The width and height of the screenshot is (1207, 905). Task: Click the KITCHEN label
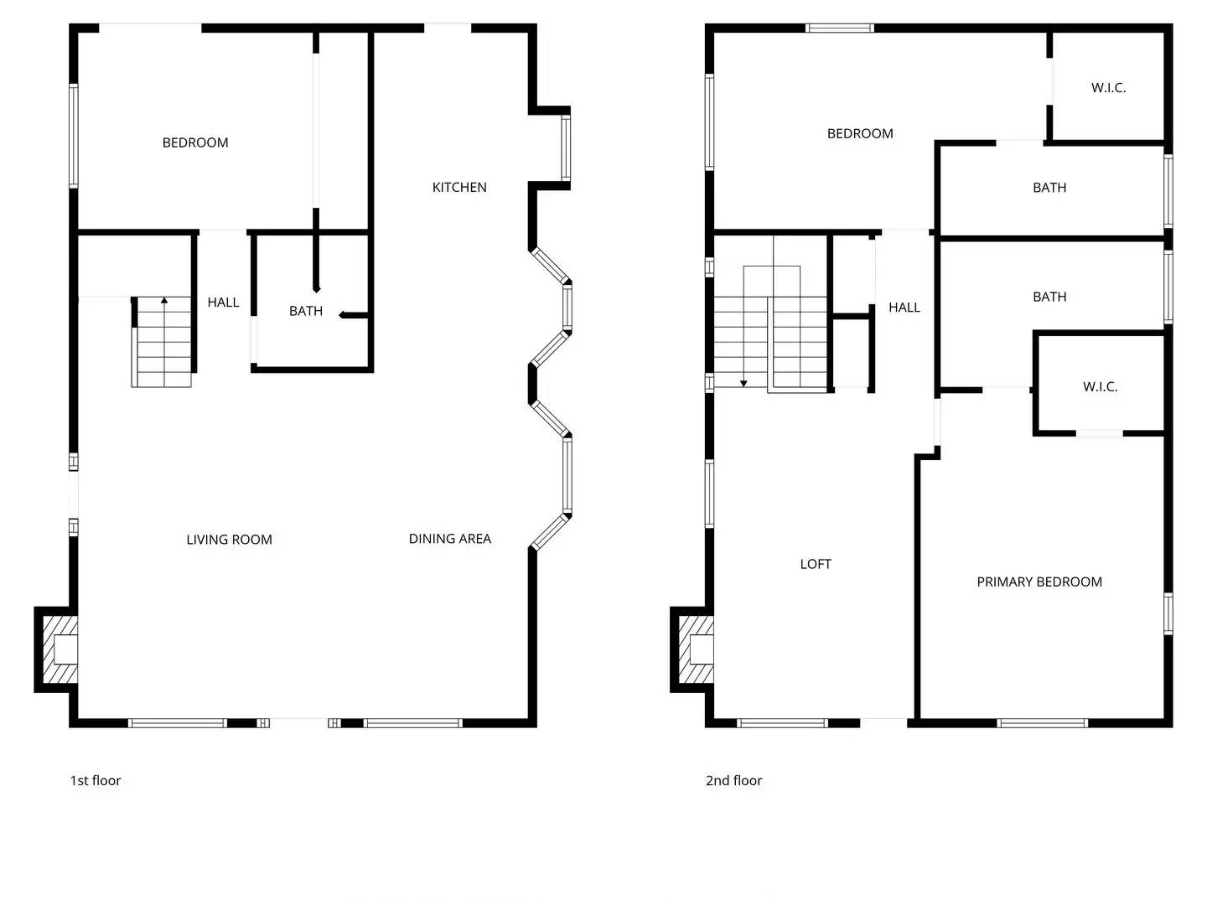(459, 188)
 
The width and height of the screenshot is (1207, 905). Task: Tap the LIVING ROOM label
(230, 540)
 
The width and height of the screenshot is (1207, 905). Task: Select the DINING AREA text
(450, 539)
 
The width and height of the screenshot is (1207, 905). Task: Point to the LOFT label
(816, 564)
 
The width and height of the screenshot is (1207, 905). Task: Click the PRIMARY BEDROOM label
(1039, 582)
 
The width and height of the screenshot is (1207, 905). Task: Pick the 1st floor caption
(95, 780)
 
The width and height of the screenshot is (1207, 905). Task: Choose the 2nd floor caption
(733, 780)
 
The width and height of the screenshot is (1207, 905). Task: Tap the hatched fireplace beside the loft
(696, 650)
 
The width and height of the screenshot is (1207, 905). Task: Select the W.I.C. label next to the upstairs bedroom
(1108, 88)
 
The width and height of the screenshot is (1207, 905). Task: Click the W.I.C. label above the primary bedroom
(1100, 387)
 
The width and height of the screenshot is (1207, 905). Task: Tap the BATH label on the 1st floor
(306, 311)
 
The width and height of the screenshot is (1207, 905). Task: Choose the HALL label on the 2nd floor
(904, 308)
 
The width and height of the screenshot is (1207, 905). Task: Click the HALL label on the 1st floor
(223, 303)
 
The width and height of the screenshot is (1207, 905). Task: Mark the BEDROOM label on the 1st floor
(195, 142)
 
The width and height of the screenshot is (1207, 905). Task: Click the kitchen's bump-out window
(565, 147)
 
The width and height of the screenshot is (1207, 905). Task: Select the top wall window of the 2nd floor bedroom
(840, 28)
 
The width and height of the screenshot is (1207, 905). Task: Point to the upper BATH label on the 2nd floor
(1049, 188)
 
